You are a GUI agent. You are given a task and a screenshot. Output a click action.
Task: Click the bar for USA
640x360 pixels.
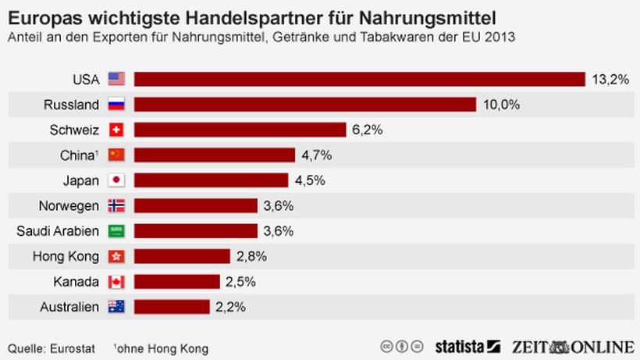[x=359, y=79]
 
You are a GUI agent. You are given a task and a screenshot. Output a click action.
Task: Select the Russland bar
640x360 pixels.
[x=304, y=105]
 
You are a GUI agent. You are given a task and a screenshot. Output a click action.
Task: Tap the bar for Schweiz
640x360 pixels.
[x=240, y=130]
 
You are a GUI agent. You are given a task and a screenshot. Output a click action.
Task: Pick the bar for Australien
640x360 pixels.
[x=171, y=307]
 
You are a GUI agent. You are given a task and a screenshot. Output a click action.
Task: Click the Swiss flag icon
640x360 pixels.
[x=116, y=130]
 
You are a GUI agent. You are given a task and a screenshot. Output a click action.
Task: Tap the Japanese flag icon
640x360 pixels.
[x=116, y=180]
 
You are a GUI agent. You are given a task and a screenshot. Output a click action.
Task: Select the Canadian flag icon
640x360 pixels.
[x=116, y=281]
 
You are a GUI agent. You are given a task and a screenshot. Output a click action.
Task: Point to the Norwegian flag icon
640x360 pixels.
[x=116, y=205]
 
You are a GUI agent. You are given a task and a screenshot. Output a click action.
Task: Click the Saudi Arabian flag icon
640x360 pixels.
[x=116, y=231]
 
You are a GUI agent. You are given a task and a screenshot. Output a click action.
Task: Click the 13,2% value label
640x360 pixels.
[x=610, y=79]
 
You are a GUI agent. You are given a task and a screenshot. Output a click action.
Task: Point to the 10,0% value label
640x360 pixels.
[x=501, y=105]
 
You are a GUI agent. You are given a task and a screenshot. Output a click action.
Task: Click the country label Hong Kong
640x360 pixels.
[x=66, y=256]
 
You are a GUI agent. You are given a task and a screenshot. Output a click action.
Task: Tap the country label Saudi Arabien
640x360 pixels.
[x=58, y=231]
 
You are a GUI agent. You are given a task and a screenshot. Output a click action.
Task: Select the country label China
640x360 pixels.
[x=78, y=155]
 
